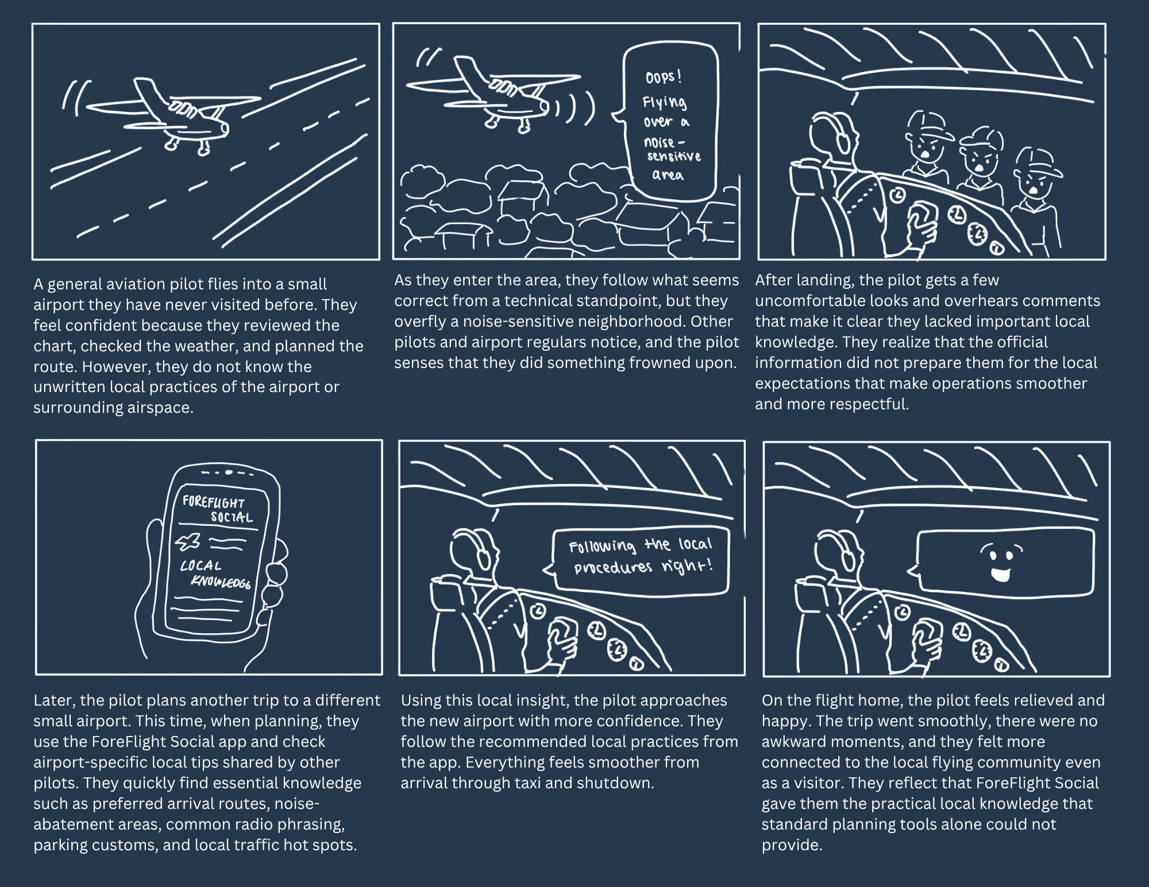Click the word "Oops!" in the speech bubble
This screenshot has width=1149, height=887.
coord(664,78)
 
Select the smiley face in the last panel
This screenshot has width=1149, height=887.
coord(1001,563)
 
